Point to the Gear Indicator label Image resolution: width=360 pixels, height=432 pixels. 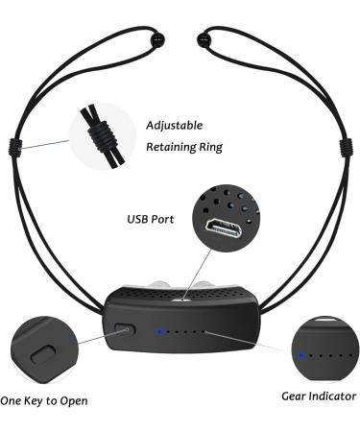coord(318,396)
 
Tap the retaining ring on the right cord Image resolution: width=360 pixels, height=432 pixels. coord(342,150)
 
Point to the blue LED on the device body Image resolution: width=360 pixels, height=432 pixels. coord(158,333)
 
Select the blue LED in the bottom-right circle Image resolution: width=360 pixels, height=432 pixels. coord(300,354)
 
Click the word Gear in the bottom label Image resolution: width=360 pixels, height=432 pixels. coord(296,396)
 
